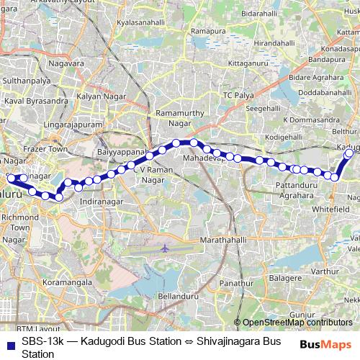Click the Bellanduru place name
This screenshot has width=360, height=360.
tap(177, 296)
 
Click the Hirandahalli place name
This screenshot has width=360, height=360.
tap(275, 44)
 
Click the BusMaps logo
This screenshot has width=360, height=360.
tap(324, 344)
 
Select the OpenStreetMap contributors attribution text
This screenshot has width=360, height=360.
tap(297, 323)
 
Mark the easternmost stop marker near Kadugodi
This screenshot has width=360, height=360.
tap(350, 153)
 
